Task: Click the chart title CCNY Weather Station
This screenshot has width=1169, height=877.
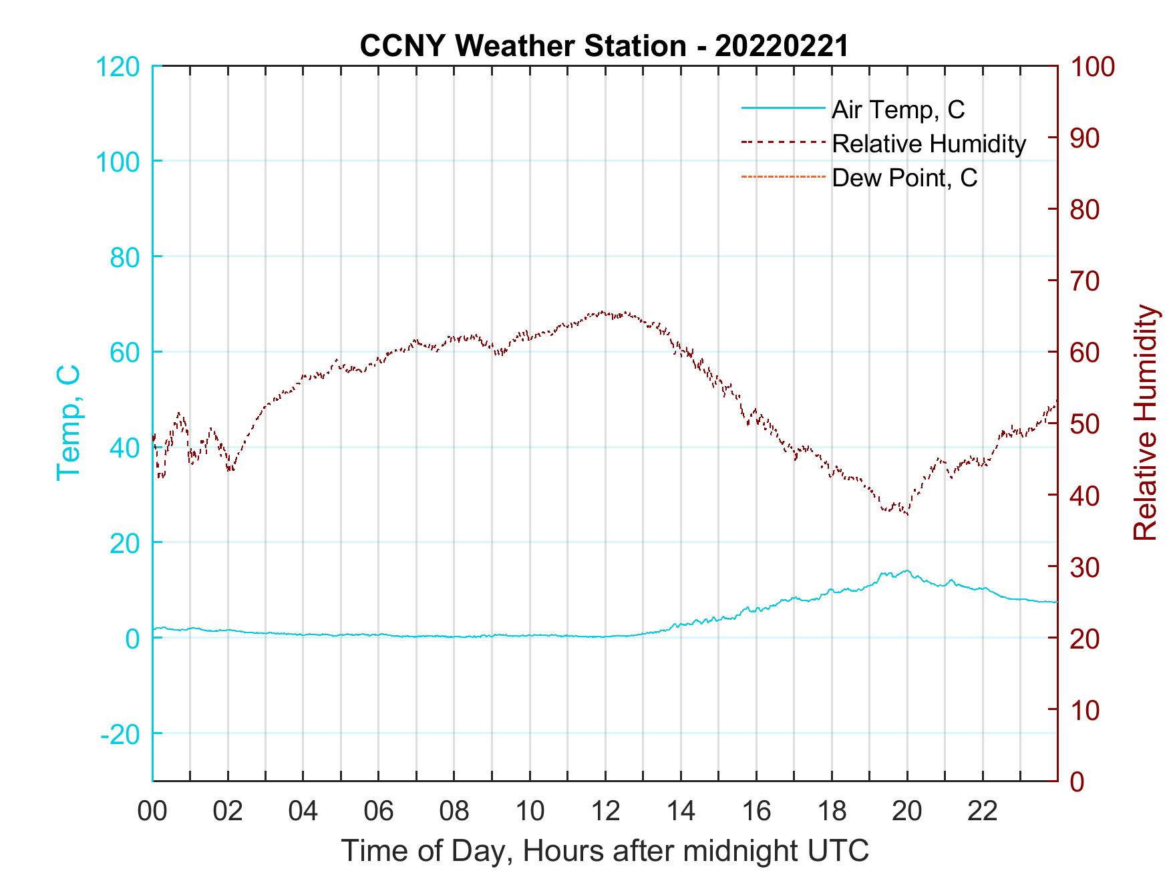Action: pyautogui.click(x=604, y=45)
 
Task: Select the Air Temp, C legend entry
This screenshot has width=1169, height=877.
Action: pyautogui.click(x=898, y=110)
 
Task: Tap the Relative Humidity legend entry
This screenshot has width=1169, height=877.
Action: pyautogui.click(x=929, y=144)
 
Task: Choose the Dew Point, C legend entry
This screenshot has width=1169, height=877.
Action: pyautogui.click(x=904, y=178)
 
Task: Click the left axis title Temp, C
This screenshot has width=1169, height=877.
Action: pyautogui.click(x=68, y=422)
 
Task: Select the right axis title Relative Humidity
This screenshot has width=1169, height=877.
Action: pyautogui.click(x=1145, y=422)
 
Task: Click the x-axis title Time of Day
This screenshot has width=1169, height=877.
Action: pyautogui.click(x=605, y=851)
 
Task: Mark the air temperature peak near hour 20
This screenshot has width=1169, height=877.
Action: pyautogui.click(x=906, y=570)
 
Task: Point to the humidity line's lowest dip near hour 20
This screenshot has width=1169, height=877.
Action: pyautogui.click(x=906, y=514)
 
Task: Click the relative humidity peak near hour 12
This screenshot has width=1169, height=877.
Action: pyautogui.click(x=604, y=312)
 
